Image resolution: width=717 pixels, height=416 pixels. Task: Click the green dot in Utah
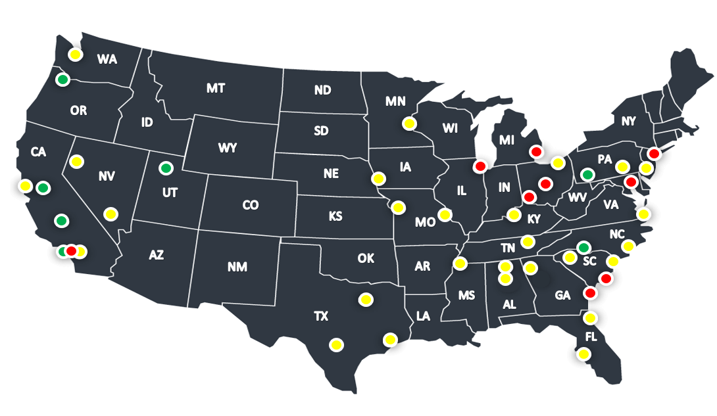(165, 168)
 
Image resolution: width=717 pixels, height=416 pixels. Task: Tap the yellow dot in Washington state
(76, 55)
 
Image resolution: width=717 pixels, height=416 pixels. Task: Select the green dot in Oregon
(62, 80)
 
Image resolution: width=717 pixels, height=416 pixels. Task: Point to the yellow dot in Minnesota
(409, 123)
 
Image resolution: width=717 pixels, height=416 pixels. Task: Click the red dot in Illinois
(480, 166)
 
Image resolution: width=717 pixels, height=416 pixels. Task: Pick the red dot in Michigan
(536, 151)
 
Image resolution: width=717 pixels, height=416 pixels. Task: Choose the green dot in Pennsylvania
(587, 175)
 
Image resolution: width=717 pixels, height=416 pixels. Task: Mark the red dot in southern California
(71, 250)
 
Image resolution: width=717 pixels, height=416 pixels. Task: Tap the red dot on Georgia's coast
(590, 292)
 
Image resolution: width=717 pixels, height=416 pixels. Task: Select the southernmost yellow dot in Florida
(583, 354)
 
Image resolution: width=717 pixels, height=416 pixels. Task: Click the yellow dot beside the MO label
(446, 214)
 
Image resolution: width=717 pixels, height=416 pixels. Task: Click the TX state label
(320, 316)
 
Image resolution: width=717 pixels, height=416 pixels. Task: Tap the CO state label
(250, 205)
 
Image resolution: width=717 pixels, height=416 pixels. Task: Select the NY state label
(629, 121)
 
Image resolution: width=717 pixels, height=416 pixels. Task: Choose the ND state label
(322, 90)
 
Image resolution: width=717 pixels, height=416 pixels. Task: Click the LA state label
(423, 317)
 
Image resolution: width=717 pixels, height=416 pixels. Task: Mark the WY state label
(228, 148)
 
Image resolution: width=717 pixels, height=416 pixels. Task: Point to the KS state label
(335, 216)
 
